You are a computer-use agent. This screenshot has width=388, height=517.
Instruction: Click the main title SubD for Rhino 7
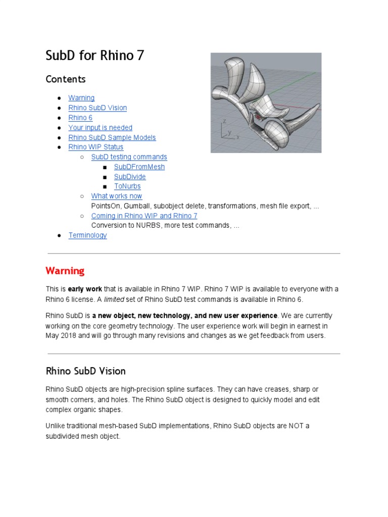[95, 56]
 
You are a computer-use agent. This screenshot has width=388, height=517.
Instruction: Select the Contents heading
[66, 79]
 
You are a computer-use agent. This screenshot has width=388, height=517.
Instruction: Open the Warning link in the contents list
[81, 98]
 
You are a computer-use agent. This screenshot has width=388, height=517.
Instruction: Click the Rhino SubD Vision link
[98, 108]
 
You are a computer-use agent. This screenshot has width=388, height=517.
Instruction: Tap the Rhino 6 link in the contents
[80, 118]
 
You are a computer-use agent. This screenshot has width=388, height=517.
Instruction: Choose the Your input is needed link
[100, 128]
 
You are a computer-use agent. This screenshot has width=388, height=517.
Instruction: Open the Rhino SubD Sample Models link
[112, 137]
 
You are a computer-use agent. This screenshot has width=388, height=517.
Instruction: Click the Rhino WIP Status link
[95, 147]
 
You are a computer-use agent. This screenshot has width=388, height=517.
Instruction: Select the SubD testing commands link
[129, 157]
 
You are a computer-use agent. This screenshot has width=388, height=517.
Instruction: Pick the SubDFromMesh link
[139, 167]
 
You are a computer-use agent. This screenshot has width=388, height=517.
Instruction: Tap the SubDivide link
[130, 177]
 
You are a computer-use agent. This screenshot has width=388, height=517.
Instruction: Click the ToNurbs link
[127, 186]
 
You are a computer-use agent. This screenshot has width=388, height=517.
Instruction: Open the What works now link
[116, 196]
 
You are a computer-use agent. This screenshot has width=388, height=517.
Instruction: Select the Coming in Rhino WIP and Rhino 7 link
[144, 216]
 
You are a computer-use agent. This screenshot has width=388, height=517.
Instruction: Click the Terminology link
[87, 235]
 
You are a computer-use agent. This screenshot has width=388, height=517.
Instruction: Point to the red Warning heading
[65, 271]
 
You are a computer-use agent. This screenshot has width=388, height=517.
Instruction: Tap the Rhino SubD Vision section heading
[85, 371]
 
